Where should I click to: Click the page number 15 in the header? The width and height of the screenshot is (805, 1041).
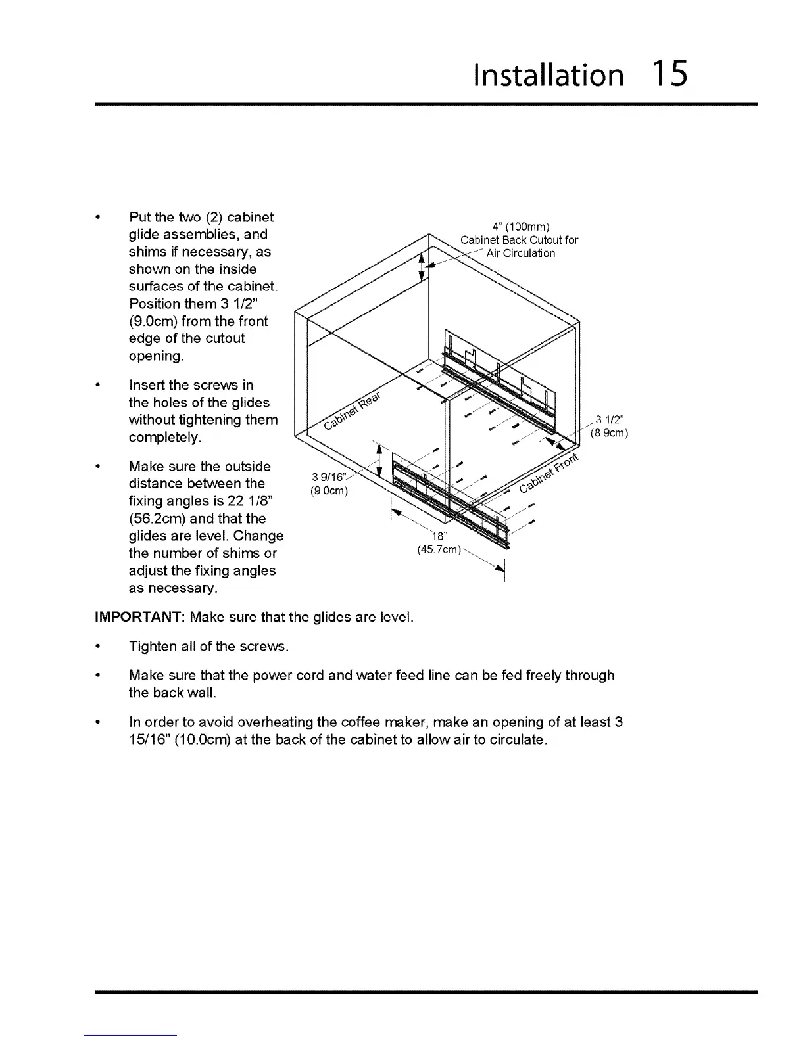[x=670, y=74]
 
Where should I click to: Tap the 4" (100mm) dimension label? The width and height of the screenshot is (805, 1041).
[x=519, y=228]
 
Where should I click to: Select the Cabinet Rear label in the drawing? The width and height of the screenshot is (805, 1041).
[x=353, y=413]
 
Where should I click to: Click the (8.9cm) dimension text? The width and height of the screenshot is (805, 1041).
[x=609, y=433]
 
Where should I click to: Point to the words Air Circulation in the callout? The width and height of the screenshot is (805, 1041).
[x=520, y=253]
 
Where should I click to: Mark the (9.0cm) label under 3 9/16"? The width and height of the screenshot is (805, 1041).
[x=328, y=491]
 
